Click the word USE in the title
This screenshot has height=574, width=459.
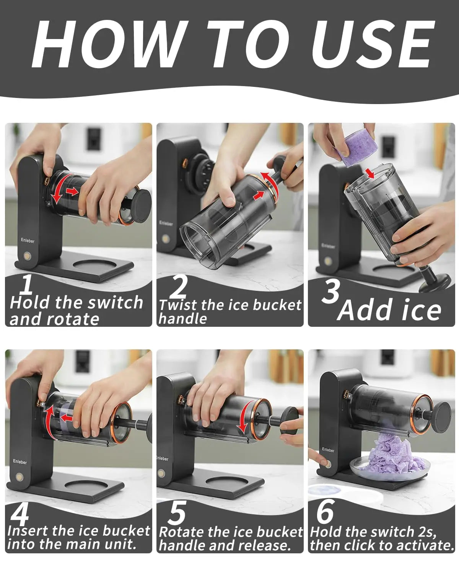[373, 44]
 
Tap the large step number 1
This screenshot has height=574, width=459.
[27, 284]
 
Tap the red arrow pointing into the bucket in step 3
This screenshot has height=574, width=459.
[371, 173]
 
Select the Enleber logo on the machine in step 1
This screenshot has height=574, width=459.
[28, 240]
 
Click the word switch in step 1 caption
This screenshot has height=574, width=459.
[116, 302]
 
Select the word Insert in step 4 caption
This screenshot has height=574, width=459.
[28, 530]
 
